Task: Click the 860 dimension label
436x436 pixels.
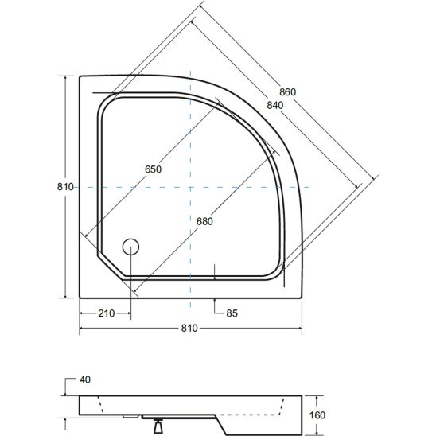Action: tap(287, 92)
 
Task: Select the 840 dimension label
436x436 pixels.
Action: tap(275, 105)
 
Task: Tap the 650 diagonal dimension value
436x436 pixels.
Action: tap(153, 169)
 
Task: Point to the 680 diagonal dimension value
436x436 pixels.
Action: tap(204, 222)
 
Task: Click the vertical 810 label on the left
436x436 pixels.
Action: tap(65, 187)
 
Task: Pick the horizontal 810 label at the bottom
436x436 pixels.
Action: tap(189, 328)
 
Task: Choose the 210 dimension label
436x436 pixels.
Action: tap(107, 313)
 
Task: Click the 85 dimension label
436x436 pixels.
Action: tap(232, 313)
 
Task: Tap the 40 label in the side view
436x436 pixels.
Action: tap(85, 380)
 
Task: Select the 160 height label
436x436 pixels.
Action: tap(317, 415)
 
